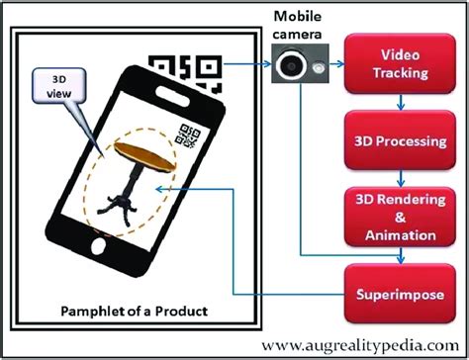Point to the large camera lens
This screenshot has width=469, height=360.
tap(290, 65)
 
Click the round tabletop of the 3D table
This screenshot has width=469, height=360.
tap(139, 151)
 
